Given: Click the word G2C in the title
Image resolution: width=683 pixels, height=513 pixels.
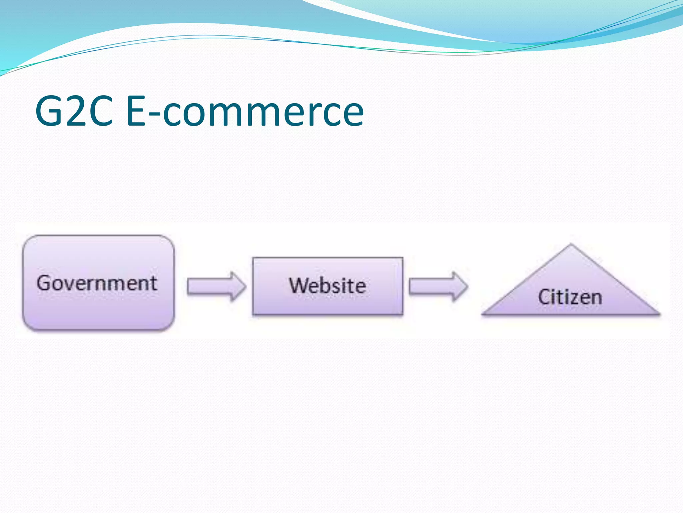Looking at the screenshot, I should pos(74,111).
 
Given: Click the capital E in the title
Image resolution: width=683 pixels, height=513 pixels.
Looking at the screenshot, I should pos(136,111).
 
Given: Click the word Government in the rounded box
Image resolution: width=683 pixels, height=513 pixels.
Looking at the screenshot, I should pos(97,283).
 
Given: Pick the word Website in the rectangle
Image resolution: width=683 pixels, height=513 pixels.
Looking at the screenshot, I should pos(327,286).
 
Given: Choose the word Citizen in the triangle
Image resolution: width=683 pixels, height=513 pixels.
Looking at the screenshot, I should pos(570,297).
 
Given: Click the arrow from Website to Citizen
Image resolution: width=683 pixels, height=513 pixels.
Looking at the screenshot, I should pos(438,286).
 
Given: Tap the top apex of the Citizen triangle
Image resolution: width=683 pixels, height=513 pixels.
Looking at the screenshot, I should pos(571,245).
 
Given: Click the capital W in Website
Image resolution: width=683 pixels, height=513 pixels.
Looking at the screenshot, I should pos(298,286).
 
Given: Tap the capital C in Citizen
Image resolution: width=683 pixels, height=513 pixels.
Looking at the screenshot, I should pos(544,297).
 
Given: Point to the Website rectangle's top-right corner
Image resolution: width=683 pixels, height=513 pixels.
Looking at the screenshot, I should pos(402,258).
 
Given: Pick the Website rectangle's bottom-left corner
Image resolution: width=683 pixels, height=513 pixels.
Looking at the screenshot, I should pos(253,314).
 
